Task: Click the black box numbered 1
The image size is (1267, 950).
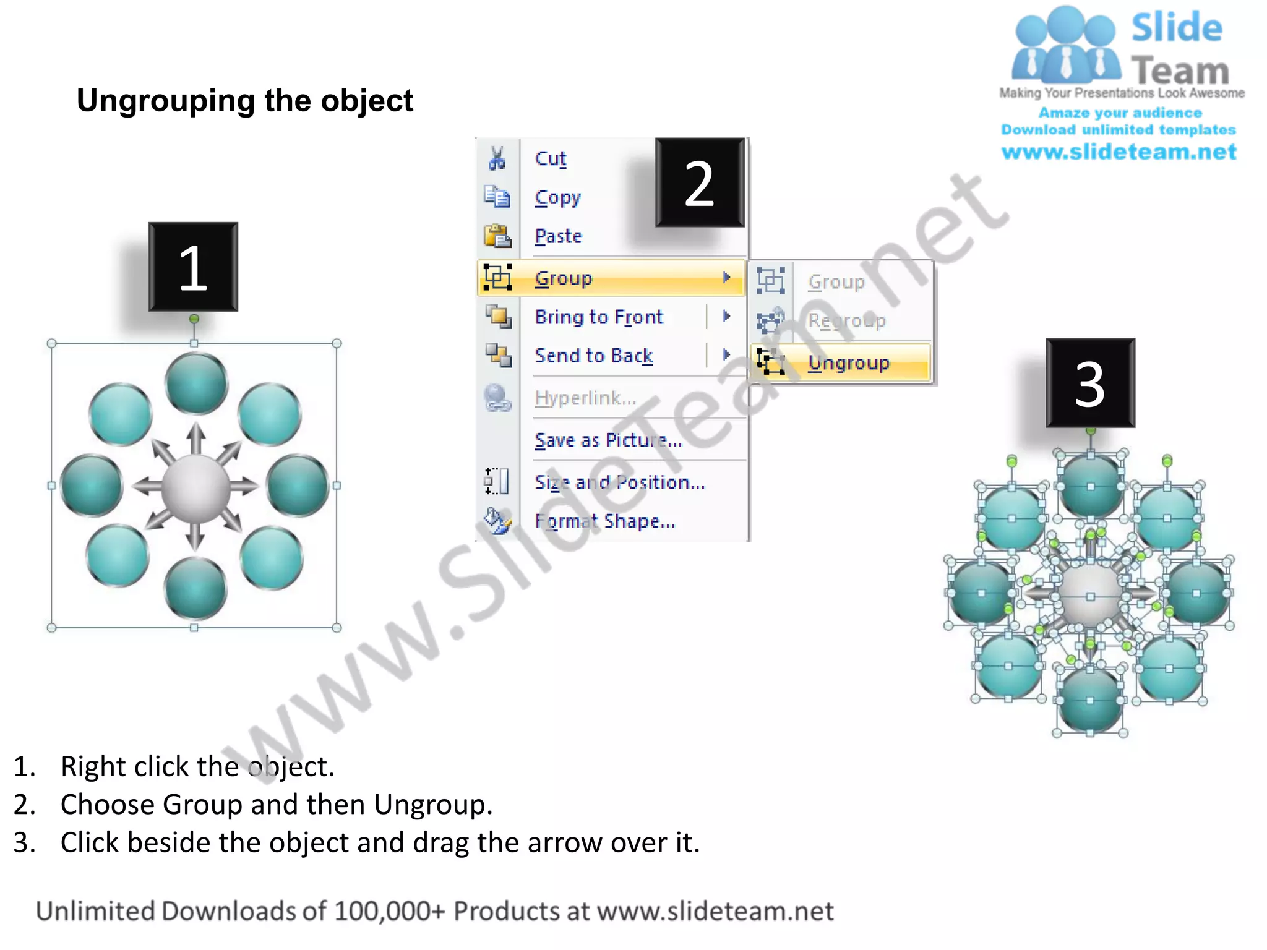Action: pyautogui.click(x=193, y=267)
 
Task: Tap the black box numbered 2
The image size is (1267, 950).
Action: pyautogui.click(x=700, y=182)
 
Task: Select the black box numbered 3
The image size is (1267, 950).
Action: pyautogui.click(x=1090, y=383)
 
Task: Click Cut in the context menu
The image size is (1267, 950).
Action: pyautogui.click(x=551, y=158)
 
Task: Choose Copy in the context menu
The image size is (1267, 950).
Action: pyautogui.click(x=558, y=197)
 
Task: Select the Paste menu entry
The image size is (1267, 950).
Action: pyautogui.click(x=559, y=236)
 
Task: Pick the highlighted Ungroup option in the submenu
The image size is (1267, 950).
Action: pyautogui.click(x=848, y=362)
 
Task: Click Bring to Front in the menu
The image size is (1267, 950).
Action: pyautogui.click(x=599, y=317)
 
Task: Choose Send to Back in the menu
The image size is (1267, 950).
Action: pyautogui.click(x=594, y=356)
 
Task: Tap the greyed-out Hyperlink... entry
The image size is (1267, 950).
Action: pyautogui.click(x=585, y=398)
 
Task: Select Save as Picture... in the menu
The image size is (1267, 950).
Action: pyautogui.click(x=608, y=440)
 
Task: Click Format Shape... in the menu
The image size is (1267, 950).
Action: pyautogui.click(x=605, y=521)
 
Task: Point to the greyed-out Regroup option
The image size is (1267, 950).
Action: pyautogui.click(x=846, y=320)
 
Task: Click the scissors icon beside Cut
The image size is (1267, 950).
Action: pyautogui.click(x=497, y=158)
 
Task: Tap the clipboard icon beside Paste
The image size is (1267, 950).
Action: pyautogui.click(x=497, y=236)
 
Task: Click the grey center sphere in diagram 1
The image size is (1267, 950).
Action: pyautogui.click(x=195, y=486)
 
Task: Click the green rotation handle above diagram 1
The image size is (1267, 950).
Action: pyautogui.click(x=194, y=319)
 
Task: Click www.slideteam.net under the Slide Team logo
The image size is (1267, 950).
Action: pyautogui.click(x=1119, y=152)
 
